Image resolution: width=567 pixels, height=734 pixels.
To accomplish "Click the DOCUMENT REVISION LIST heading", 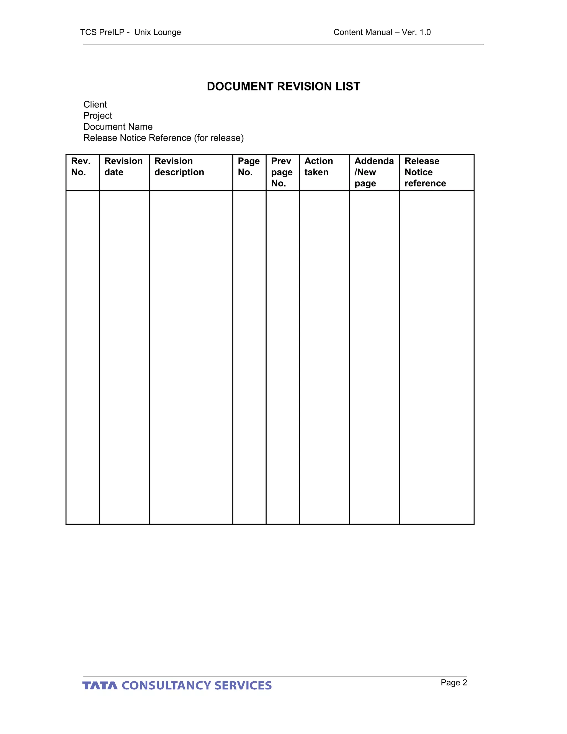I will (x=283, y=86).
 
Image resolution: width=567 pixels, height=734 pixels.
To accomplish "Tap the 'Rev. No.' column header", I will (x=81, y=167).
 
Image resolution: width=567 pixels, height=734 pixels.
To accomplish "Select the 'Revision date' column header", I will (x=123, y=167).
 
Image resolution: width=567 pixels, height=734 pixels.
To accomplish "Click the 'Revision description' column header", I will (x=179, y=167).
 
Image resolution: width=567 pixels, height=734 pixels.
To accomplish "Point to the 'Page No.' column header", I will (x=249, y=167).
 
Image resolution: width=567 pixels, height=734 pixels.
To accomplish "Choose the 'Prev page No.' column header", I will (x=282, y=172).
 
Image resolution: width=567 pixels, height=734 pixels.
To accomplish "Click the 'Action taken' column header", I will (x=318, y=167).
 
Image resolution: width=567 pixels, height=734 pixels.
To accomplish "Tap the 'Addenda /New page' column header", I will (x=374, y=172).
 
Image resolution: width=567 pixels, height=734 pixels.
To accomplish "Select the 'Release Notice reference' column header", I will (x=425, y=172).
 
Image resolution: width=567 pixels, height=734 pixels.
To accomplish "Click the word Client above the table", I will (x=95, y=104).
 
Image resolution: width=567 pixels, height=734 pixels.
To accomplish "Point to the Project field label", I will (x=98, y=116).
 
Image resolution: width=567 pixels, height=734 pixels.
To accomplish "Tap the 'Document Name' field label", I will (x=118, y=127).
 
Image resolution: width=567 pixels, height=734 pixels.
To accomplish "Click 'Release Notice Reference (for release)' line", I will (x=164, y=138).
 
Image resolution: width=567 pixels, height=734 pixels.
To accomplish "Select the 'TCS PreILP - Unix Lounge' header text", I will (x=130, y=32).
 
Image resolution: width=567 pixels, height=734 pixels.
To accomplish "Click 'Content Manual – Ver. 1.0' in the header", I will (x=382, y=32).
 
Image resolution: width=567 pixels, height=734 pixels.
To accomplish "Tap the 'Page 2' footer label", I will (x=454, y=682).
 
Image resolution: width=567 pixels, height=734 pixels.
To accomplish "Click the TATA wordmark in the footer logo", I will (x=100, y=686).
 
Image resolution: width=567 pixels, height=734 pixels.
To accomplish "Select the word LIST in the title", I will (x=348, y=86).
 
